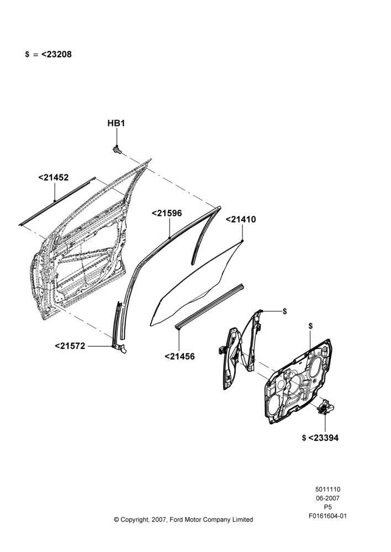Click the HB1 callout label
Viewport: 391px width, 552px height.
[x=116, y=124]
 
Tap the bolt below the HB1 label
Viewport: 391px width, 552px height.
[x=117, y=150]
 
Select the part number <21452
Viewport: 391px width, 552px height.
[x=53, y=178]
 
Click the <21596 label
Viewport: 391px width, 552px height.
[x=167, y=213]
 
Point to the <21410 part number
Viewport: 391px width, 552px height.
[x=241, y=219]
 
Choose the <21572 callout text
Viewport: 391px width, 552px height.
[x=70, y=346]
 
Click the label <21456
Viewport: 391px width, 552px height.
[x=179, y=357]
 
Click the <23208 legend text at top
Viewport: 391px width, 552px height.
[x=56, y=55]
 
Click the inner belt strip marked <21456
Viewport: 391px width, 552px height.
[x=210, y=306]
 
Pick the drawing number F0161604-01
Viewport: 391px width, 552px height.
[x=327, y=516]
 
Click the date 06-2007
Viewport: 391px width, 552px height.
[x=327, y=498]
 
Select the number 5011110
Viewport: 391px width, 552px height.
[x=327, y=489]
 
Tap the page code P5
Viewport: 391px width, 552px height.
[x=327, y=507]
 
